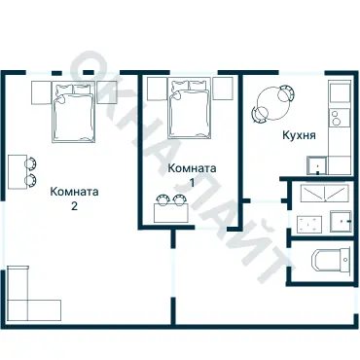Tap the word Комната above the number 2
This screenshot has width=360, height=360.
[73, 192]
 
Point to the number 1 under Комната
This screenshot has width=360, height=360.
[192, 182]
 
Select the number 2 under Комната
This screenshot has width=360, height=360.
[73, 206]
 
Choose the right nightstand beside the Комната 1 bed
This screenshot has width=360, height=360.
[223, 90]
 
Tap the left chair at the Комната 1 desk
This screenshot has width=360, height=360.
[162, 200]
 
